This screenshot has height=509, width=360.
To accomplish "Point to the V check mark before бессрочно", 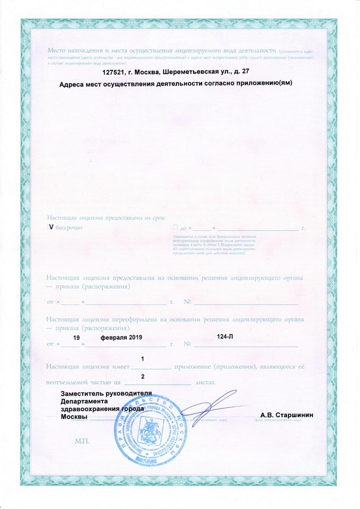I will (x=52, y=227).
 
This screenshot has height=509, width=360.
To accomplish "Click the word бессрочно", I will (x=69, y=227).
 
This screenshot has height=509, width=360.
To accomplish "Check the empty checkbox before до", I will (x=177, y=227).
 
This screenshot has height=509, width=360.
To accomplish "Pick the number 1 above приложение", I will (x=142, y=360).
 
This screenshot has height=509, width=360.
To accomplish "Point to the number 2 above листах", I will (x=142, y=377).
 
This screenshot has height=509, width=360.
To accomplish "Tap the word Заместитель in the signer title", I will (x=83, y=393).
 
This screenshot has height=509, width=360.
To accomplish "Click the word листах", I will (x=205, y=383).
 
